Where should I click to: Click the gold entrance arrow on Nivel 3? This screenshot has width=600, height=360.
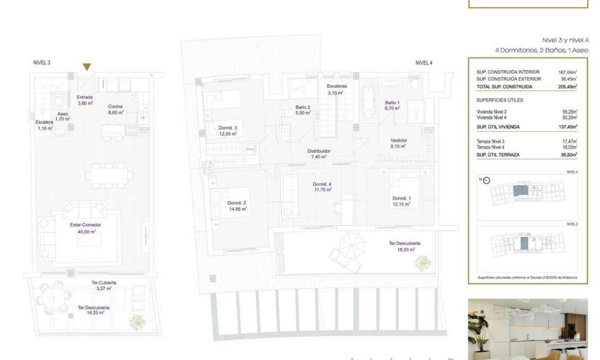point(87,67)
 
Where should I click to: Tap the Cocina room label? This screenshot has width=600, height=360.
point(115,106)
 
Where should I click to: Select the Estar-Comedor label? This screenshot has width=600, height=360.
point(85,225)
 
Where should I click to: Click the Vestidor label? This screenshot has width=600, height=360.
point(398,141)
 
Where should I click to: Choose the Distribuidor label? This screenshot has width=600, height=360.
point(319,151)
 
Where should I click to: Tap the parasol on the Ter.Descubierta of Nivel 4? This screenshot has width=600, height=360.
point(352,245)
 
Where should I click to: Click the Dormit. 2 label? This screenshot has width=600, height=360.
point(237,203)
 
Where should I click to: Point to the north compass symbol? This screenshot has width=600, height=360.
point(486,179)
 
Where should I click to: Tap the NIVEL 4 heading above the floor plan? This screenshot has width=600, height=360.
point(424,63)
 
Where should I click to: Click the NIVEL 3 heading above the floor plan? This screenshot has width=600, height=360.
point(41,63)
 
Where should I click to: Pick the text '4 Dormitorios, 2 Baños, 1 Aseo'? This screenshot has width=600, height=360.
point(541,50)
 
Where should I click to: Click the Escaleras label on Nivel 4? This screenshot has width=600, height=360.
point(337,86)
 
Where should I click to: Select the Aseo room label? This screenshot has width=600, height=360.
point(62,114)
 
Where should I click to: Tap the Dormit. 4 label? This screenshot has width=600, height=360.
point(323,184)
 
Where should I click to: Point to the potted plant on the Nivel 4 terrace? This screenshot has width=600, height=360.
point(423,263)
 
